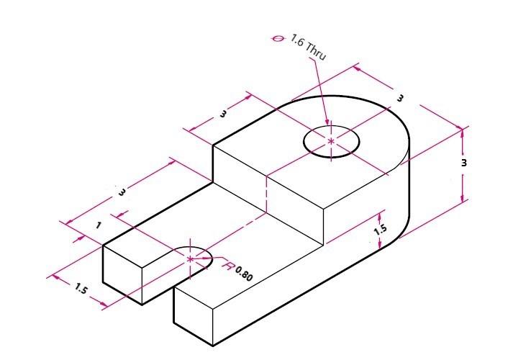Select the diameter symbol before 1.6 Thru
pos(278,39)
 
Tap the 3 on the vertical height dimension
pos(464,163)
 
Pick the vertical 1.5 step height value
pos(381,230)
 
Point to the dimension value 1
pos(99,225)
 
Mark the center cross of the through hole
pos(331,140)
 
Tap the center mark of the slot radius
pos(190,259)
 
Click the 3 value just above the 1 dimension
pos(122,192)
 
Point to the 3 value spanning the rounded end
pos(400,98)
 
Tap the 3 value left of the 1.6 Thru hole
pos(223,114)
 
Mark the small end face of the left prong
pos(122,274)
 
